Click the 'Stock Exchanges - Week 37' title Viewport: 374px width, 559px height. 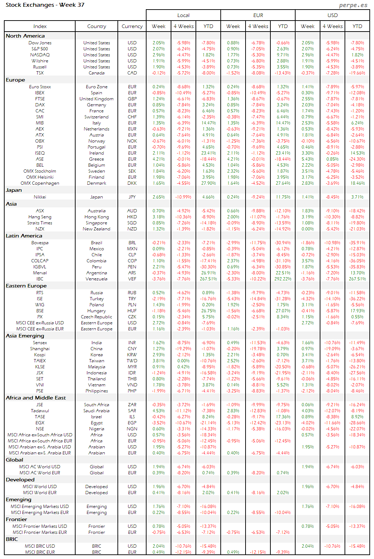coord(45,5)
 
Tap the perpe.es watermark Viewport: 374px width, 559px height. coord(353,5)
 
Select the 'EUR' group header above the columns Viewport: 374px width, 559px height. coord(258,15)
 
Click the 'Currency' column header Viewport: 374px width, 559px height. coord(132,26)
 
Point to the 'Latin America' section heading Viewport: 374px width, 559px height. coord(24,236)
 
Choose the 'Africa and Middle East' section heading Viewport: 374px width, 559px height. coord(35,398)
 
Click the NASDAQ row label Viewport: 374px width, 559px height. coord(40,55)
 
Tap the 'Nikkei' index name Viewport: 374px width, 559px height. coord(40,197)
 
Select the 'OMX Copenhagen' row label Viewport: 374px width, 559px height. coord(40,183)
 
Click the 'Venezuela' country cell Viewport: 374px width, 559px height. coord(97,279)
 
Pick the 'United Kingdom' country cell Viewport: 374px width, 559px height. coord(97,99)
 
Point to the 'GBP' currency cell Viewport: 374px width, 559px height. coord(132,99)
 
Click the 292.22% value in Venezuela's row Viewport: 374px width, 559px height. coord(283,279)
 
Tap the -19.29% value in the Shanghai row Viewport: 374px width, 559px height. coord(184,349)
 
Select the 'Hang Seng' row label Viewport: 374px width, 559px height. coord(40,217)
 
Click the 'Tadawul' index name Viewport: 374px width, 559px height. coord(40,411)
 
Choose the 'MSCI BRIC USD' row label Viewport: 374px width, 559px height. coord(40,546)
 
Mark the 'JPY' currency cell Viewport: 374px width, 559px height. coord(132,197)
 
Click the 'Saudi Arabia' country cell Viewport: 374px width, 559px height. coord(97,411)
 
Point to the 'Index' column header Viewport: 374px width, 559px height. coord(40,26)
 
